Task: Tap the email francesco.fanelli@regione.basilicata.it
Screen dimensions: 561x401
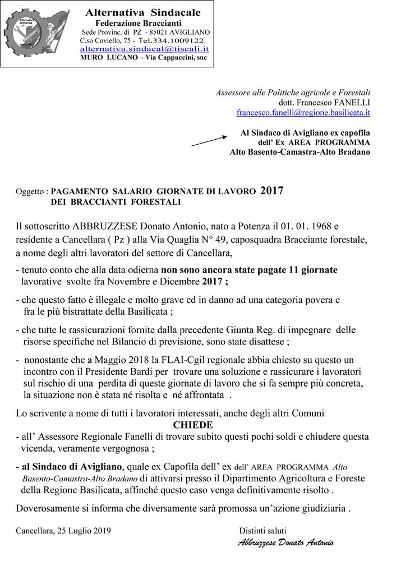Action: (x=303, y=112)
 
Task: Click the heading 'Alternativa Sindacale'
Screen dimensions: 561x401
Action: (x=143, y=12)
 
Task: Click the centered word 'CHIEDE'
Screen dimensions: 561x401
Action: (x=193, y=424)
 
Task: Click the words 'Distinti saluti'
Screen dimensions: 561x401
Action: (x=262, y=530)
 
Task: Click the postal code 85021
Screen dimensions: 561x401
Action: (x=155, y=31)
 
